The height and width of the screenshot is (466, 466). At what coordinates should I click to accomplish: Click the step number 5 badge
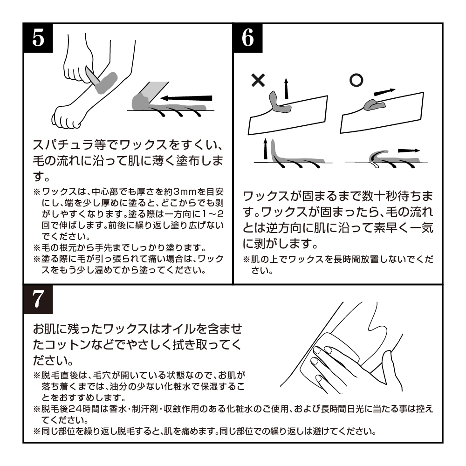point(38,38)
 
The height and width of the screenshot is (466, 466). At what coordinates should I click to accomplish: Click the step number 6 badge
point(248,38)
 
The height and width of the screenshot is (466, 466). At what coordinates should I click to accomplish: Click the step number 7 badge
point(38,299)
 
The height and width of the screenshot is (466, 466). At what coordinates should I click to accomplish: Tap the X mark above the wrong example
point(258,80)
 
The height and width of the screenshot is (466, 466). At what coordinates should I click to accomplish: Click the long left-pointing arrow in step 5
point(186,98)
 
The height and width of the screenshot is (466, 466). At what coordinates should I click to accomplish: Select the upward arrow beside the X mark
point(286,88)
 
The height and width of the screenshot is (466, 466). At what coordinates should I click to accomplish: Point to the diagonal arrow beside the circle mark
point(384,92)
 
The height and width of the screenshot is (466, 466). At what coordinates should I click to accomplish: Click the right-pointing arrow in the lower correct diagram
point(409,151)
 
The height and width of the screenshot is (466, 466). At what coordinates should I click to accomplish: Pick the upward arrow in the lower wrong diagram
point(266,149)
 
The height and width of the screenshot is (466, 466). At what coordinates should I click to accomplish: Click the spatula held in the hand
point(92,76)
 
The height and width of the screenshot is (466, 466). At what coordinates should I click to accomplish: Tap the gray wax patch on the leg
point(106,82)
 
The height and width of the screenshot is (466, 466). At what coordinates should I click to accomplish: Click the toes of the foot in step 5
point(65,120)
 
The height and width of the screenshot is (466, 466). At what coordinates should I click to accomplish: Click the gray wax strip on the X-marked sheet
point(279,103)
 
